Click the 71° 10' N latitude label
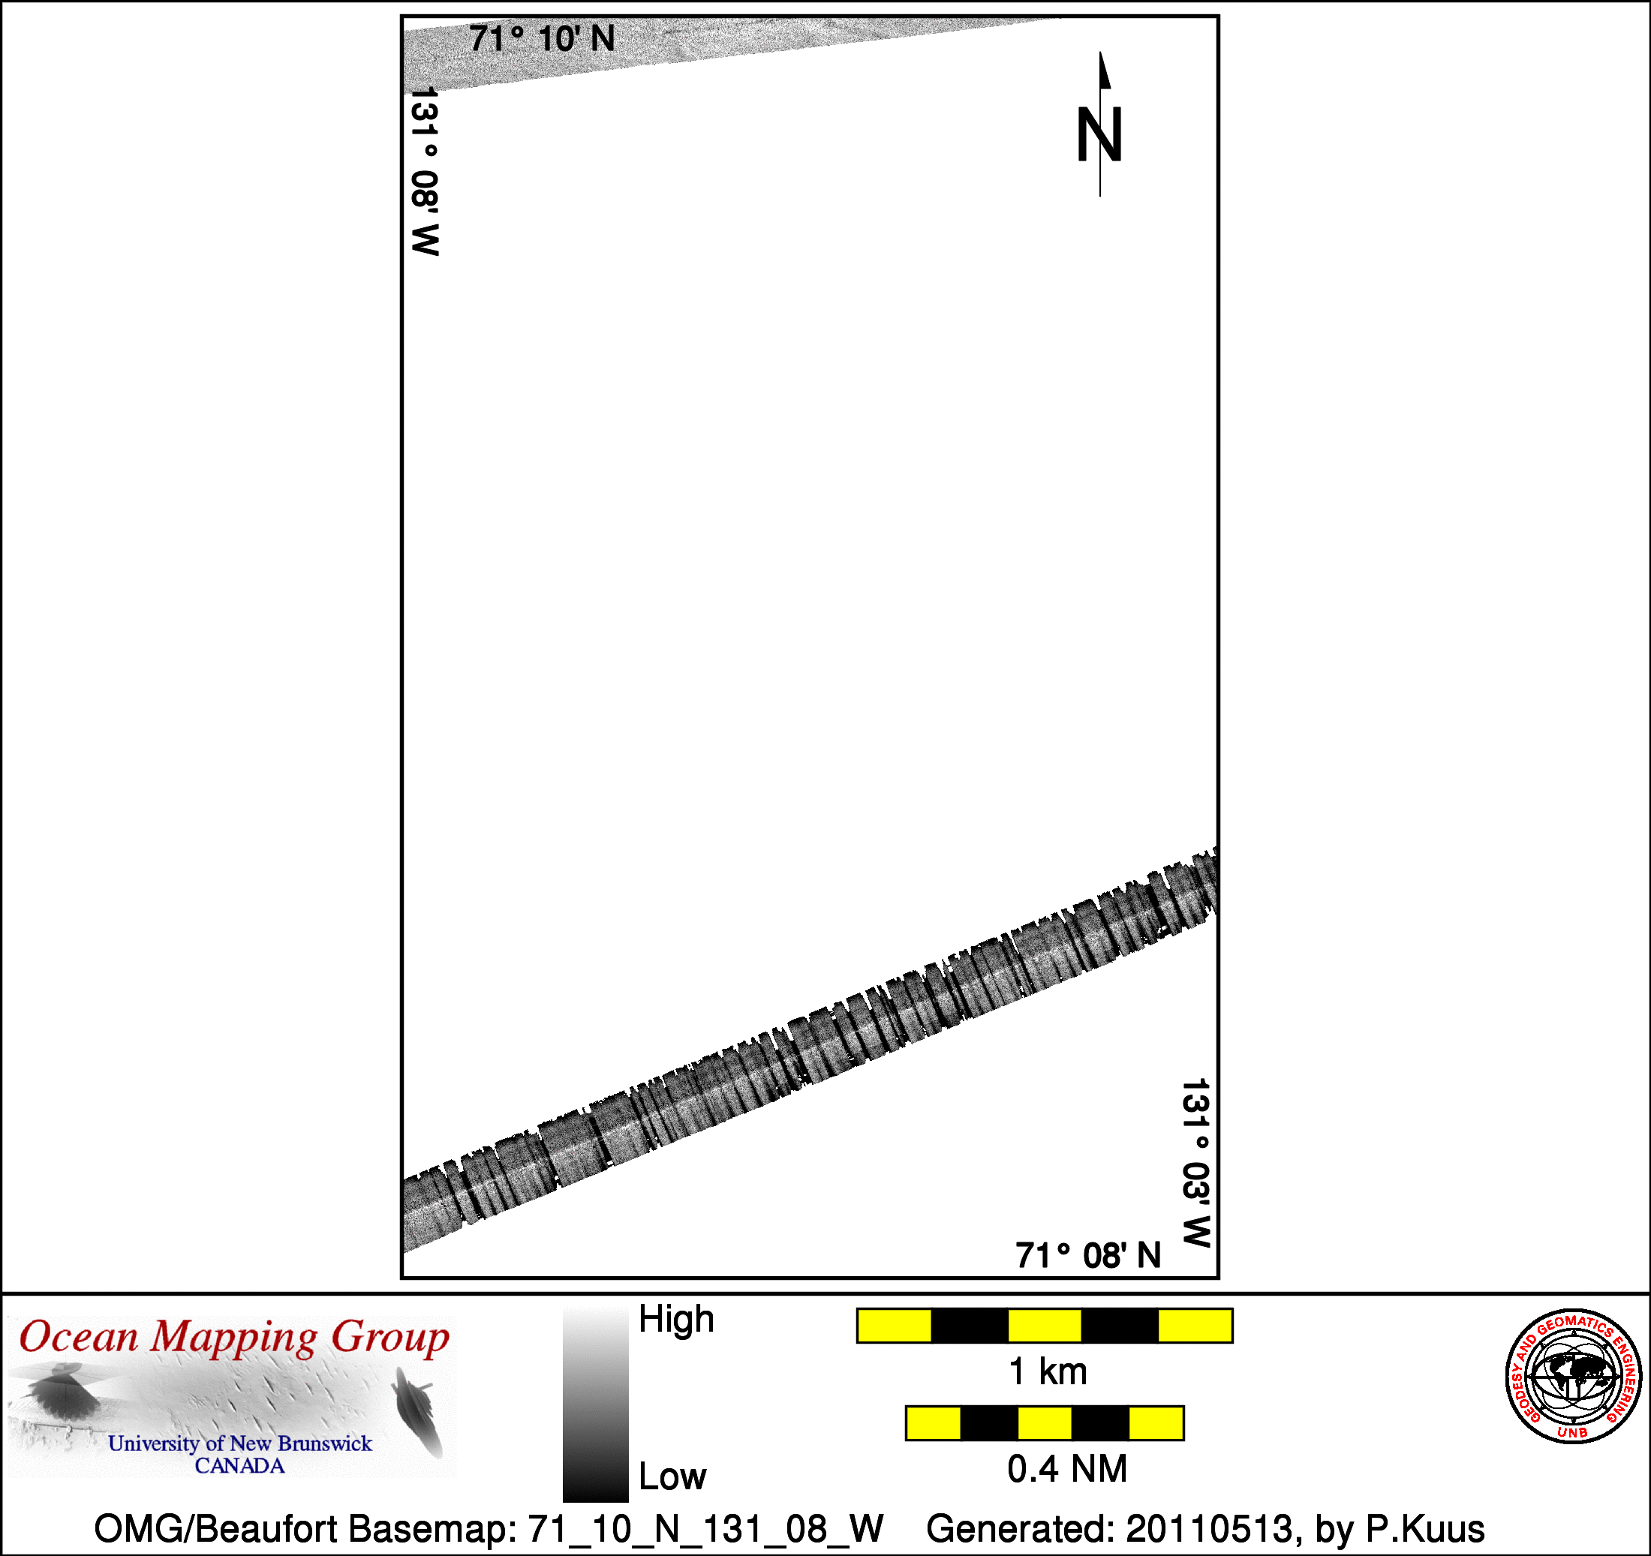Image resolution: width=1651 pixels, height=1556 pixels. click(543, 39)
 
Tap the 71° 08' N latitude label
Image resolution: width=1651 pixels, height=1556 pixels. click(1088, 1255)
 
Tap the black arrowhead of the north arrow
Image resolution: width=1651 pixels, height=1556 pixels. click(1105, 70)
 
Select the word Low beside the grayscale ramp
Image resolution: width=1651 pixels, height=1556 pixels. click(672, 1476)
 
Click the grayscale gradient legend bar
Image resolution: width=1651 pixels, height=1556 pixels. click(595, 1402)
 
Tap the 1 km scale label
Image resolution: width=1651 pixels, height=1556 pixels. click(1047, 1371)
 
